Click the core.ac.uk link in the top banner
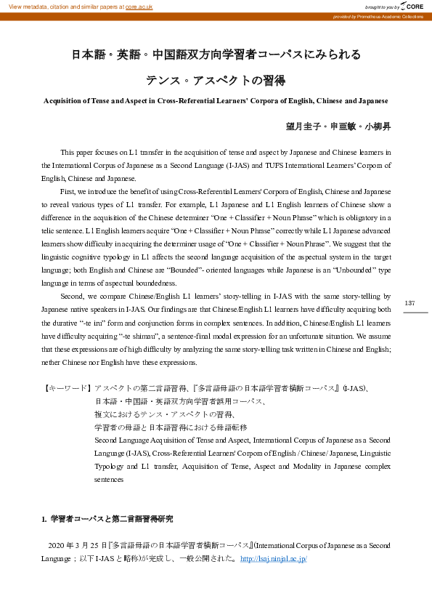click(x=138, y=6)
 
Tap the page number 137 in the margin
click(x=409, y=302)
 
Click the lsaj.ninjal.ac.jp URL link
click(x=273, y=558)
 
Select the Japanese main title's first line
click(x=216, y=55)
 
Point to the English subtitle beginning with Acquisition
click(x=216, y=100)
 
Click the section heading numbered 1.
click(x=107, y=519)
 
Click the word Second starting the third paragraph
click(x=71, y=297)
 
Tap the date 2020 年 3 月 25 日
click(x=77, y=545)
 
